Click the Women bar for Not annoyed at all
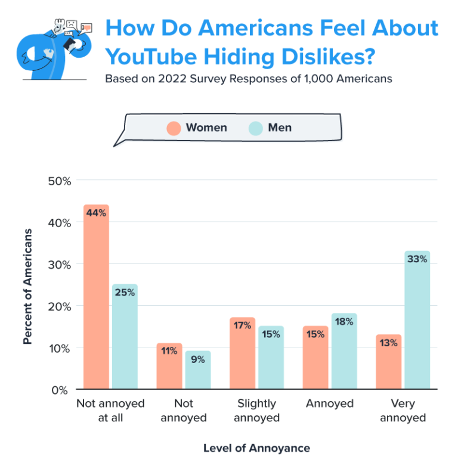tap(96, 298)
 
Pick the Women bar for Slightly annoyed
tap(242, 354)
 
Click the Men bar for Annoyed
tap(344, 352)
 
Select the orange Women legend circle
tap(174, 128)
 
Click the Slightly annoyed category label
tap(256, 411)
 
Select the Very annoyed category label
tap(403, 411)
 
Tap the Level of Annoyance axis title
tap(256, 448)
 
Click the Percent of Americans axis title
tap(27, 285)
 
